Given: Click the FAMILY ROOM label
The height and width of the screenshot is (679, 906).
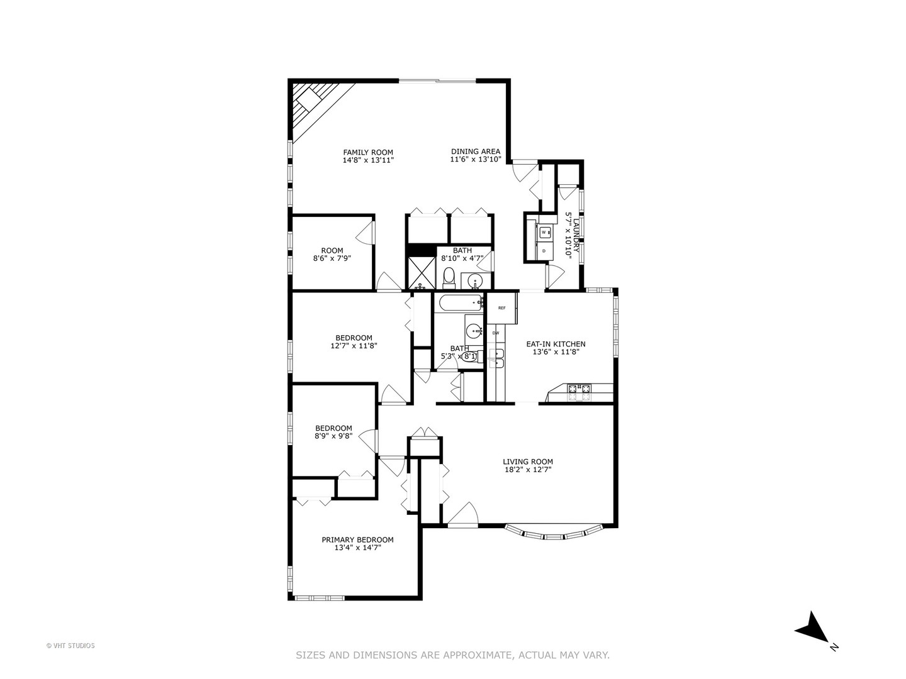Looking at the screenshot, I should pyautogui.click(x=368, y=152).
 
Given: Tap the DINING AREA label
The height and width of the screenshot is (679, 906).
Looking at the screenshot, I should pyautogui.click(x=476, y=152).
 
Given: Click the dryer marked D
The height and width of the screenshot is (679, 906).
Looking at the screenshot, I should pyautogui.click(x=544, y=251).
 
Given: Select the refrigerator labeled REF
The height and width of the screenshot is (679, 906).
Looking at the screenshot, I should pyautogui.click(x=501, y=307).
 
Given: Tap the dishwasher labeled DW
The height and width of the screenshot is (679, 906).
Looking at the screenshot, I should pyautogui.click(x=496, y=333).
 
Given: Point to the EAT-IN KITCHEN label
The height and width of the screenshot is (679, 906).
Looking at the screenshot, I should pyautogui.click(x=556, y=344).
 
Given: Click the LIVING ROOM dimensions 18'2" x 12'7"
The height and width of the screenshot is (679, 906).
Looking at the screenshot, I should pyautogui.click(x=528, y=470).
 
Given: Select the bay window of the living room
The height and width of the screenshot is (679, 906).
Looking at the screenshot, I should pyautogui.click(x=554, y=533).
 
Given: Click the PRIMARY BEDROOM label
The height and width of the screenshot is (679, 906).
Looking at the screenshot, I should pyautogui.click(x=357, y=539).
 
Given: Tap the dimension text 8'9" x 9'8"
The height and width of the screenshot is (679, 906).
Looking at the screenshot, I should pyautogui.click(x=333, y=436).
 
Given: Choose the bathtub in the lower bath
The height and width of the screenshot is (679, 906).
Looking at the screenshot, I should pyautogui.click(x=459, y=303).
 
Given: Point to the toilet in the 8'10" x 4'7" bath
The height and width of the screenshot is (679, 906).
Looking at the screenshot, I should pyautogui.click(x=449, y=276).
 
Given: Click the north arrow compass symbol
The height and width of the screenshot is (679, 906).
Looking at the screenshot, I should pyautogui.click(x=812, y=627).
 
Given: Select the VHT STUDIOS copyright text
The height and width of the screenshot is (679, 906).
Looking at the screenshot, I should pyautogui.click(x=70, y=645).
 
